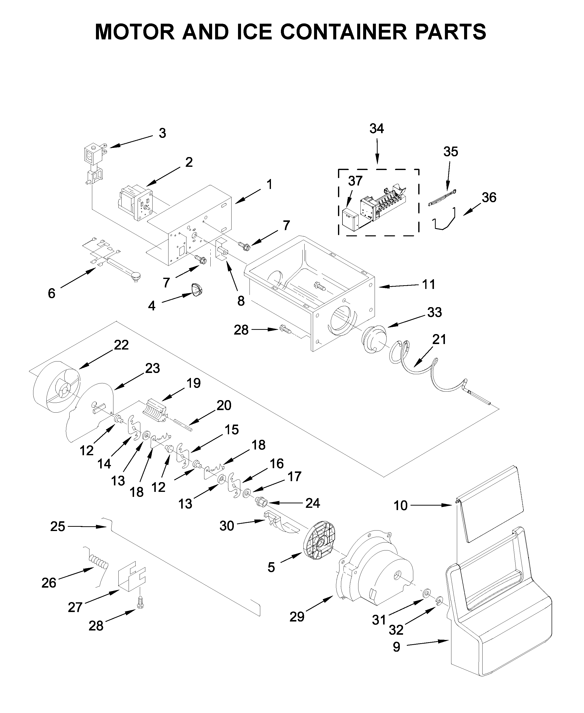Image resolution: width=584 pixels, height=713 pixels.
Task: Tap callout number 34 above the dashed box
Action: coord(376,129)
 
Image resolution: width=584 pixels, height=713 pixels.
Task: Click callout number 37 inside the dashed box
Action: coord(355,181)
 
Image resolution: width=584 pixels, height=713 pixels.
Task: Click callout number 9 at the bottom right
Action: coord(397,647)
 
